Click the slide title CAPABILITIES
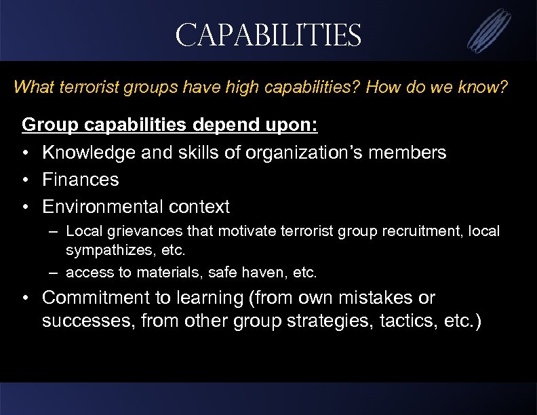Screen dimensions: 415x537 268,35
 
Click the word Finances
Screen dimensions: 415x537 80,180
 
